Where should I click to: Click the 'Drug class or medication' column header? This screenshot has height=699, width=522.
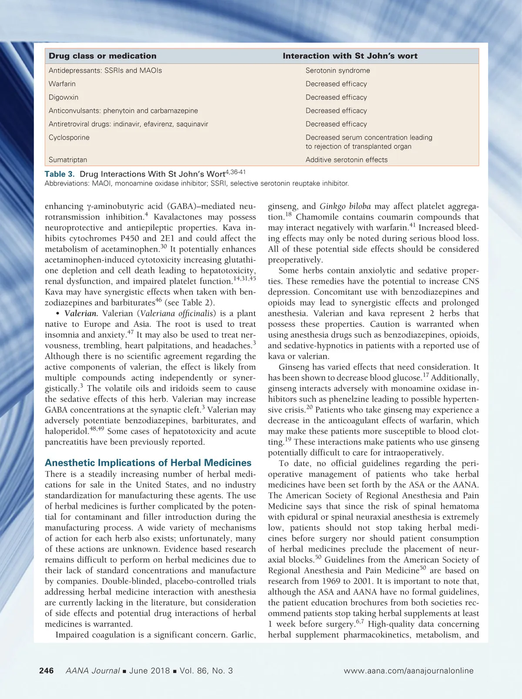[102, 56]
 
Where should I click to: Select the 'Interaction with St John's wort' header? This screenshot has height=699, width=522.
[350, 56]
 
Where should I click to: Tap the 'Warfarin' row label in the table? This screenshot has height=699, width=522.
[62, 84]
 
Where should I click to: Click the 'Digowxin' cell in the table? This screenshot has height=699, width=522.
[64, 97]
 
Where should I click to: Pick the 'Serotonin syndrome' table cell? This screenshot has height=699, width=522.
[338, 71]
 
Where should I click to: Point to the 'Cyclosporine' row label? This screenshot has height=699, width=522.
[69, 138]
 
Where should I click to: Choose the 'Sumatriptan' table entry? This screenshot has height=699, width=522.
[68, 160]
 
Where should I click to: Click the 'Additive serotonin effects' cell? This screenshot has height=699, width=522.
[346, 160]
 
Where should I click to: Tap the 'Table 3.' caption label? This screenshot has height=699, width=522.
[60, 174]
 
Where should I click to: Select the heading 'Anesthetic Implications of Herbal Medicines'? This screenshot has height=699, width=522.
[148, 463]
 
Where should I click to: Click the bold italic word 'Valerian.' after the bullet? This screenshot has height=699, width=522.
[81, 313]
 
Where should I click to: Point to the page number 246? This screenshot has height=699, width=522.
[47, 671]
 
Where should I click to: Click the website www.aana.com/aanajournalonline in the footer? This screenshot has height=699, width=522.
[408, 671]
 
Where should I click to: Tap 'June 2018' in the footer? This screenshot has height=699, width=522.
[149, 671]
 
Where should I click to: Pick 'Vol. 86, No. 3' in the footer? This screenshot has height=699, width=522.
[206, 671]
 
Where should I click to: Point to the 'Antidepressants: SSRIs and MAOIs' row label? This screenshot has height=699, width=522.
[105, 71]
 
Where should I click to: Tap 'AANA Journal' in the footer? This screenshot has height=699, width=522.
[92, 671]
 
